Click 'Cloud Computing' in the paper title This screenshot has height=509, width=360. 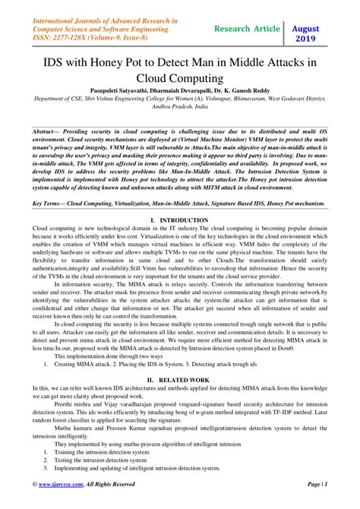click(x=180, y=78)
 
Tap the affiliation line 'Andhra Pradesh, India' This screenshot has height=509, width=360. click(x=180, y=109)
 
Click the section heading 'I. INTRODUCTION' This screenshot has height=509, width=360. click(x=180, y=220)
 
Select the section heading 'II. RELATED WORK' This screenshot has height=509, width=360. click(x=180, y=377)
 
